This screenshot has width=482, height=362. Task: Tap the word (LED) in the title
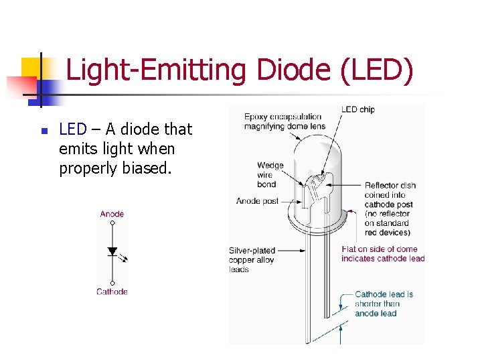click(377, 70)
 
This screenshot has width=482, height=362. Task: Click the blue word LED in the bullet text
click(73, 129)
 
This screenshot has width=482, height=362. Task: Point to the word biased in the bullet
click(146, 168)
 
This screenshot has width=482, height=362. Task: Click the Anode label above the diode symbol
click(112, 214)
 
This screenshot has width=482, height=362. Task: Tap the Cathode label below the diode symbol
click(112, 292)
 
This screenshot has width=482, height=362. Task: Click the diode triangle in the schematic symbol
click(112, 251)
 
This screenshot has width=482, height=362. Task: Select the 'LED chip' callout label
click(357, 109)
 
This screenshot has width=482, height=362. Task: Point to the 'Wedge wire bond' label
click(270, 174)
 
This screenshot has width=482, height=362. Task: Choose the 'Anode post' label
click(257, 200)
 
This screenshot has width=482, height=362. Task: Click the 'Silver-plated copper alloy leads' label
click(252, 260)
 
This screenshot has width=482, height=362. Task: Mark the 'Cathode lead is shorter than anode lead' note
click(384, 303)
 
